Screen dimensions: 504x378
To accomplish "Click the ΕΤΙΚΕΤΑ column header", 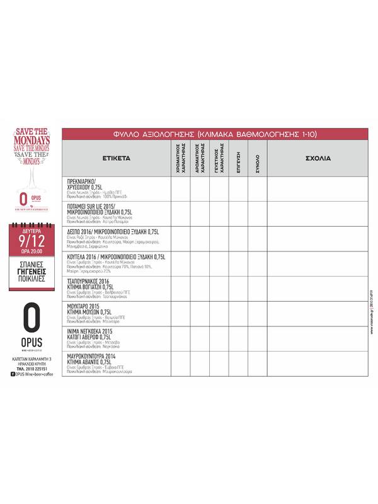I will tap(117, 158).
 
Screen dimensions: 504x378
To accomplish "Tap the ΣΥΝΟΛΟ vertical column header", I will tap(257, 159).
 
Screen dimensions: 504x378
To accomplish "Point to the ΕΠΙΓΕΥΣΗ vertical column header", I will tap(239, 159).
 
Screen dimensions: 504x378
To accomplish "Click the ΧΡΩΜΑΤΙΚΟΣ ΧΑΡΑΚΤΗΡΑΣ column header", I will tap(180, 159).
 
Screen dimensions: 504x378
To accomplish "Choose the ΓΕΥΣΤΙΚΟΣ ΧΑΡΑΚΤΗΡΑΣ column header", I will tap(219, 159).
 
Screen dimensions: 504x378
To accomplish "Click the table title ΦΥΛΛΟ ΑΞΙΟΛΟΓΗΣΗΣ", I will tap(215, 134).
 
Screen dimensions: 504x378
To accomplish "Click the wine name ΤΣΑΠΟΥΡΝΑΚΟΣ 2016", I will tap(88, 281).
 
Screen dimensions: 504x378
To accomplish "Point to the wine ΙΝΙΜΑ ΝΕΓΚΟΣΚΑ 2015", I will tap(89, 331).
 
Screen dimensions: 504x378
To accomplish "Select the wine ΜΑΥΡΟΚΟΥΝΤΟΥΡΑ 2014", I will tap(95, 356).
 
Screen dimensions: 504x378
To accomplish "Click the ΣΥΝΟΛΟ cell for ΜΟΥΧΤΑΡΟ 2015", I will tap(257, 314).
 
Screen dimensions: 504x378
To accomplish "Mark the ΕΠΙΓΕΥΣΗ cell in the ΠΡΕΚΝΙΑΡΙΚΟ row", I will tap(238, 189).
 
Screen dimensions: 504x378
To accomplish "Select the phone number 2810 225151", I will tap(38, 369).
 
